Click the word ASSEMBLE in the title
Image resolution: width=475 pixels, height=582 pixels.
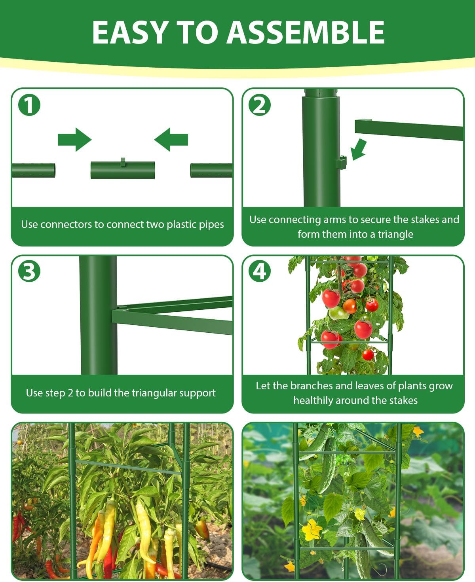click(306, 32)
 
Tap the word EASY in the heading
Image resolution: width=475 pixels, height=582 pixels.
click(130, 32)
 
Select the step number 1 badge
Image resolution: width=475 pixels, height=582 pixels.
click(29, 105)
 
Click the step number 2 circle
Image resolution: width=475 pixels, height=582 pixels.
click(259, 105)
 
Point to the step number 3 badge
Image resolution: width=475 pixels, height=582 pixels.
click(29, 271)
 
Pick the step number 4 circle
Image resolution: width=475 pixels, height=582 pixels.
click(259, 271)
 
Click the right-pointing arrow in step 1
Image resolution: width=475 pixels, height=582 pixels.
click(74, 140)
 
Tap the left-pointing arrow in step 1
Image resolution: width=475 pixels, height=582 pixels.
click(171, 140)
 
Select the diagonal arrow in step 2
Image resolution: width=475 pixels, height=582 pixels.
click(359, 149)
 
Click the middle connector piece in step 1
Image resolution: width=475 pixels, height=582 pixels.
click(123, 169)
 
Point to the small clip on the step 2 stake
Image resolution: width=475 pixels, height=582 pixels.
click(342, 162)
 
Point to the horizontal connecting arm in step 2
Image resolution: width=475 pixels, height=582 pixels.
click(409, 130)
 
